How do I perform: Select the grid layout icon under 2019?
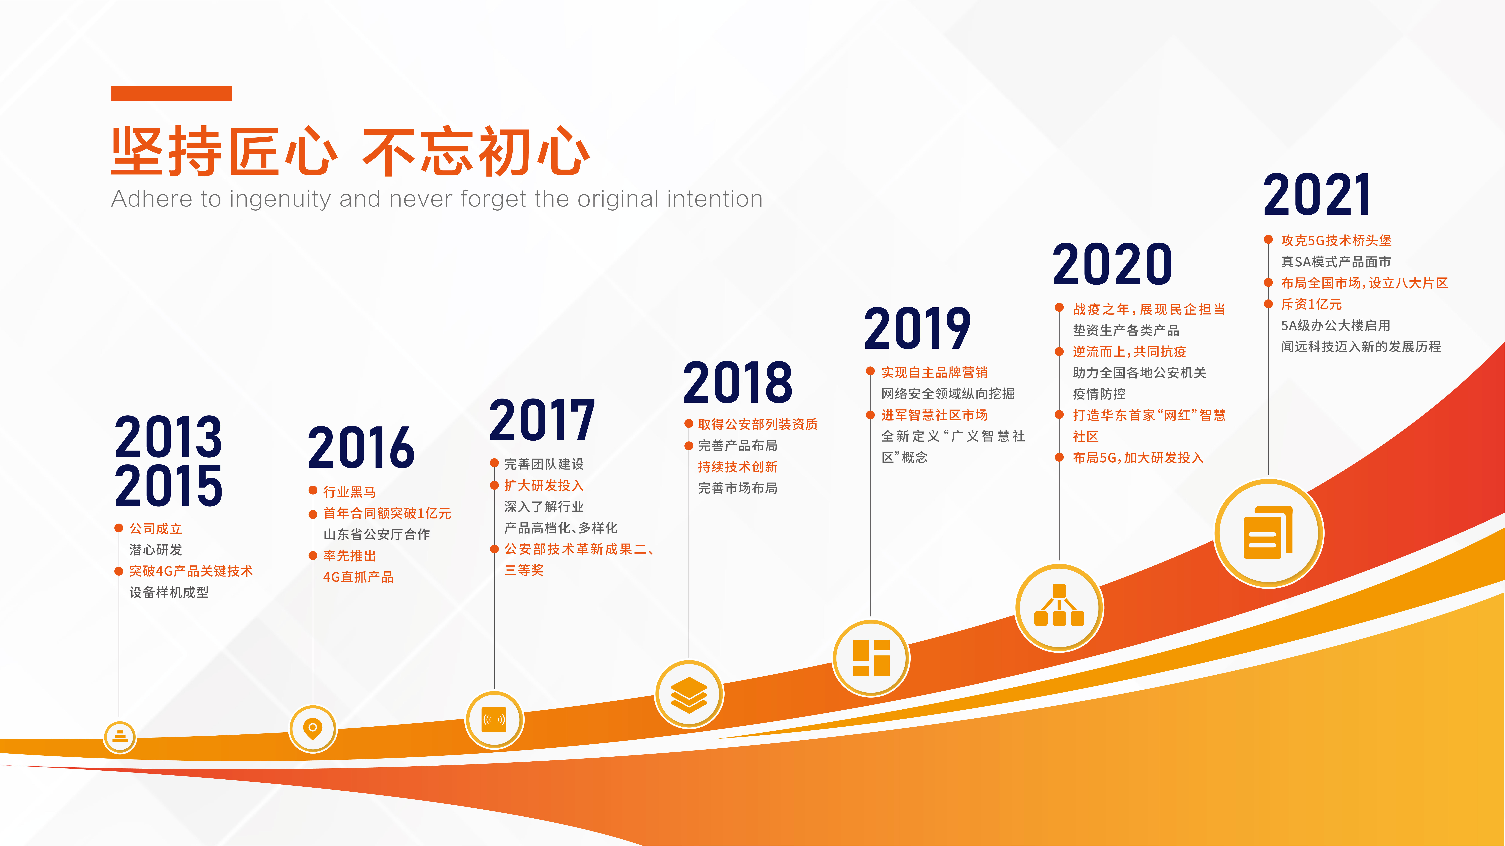[x=871, y=658]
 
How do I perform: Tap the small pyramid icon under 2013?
[x=120, y=736]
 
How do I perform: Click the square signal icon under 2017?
[x=494, y=720]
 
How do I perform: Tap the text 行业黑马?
[x=349, y=492]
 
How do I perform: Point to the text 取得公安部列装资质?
[x=758, y=424]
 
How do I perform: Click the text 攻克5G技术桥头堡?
[x=1336, y=240]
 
